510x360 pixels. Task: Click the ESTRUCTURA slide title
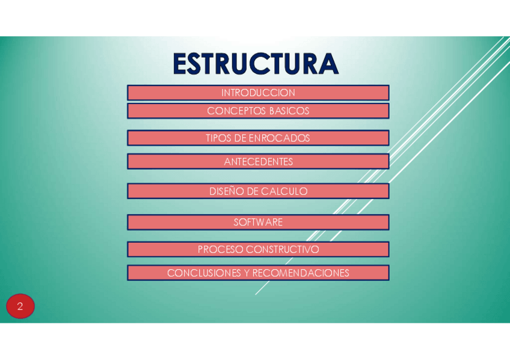tap(256, 64)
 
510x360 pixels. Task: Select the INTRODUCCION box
tap(258, 93)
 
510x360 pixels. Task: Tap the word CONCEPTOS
tap(236, 111)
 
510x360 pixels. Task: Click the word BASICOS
tap(289, 111)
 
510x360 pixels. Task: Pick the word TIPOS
tap(218, 138)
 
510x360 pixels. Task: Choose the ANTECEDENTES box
tap(258, 162)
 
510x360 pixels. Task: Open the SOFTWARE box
tap(258, 222)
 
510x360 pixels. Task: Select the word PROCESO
tap(220, 249)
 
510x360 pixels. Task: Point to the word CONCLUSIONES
tap(204, 273)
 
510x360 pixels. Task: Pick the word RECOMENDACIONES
tap(301, 273)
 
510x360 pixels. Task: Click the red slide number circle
tap(20, 306)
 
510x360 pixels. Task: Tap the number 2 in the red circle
tap(20, 307)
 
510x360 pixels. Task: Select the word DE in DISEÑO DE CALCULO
tap(252, 192)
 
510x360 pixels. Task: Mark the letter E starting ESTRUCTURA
tap(179, 64)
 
